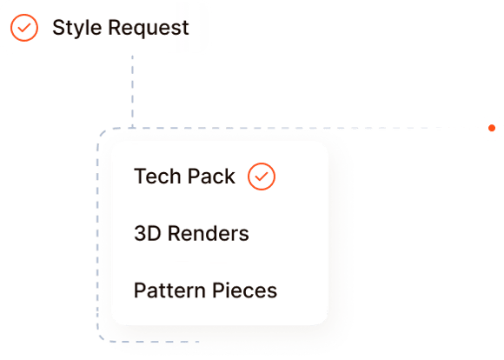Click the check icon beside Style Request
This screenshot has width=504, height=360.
[24, 28]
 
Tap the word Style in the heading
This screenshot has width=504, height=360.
[77, 29]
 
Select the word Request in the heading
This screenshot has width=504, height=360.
[149, 29]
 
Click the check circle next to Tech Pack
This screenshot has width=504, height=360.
[262, 177]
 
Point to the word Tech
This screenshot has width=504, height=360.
[157, 176]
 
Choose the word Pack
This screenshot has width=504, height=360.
[211, 176]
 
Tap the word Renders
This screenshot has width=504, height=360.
[209, 233]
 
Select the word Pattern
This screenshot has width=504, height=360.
[169, 290]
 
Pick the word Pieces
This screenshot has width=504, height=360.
[244, 290]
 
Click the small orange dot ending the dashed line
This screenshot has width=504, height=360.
[492, 128]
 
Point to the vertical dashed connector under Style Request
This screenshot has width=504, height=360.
[132, 91]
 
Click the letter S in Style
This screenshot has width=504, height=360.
[58, 28]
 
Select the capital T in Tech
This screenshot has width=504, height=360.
[140, 176]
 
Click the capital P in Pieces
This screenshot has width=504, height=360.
[218, 290]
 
